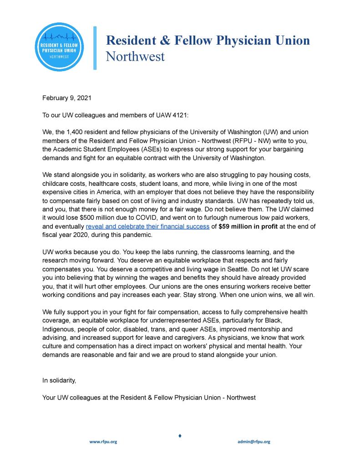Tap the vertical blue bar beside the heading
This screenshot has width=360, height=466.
[95, 48]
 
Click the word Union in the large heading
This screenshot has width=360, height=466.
[289, 41]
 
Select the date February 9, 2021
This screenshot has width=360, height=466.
[64, 97]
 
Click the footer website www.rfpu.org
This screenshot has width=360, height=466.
[103, 442]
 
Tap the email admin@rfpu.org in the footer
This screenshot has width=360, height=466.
[254, 442]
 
